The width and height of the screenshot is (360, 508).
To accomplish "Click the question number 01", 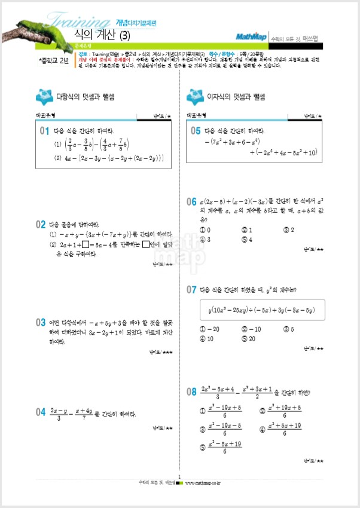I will (x=44, y=130).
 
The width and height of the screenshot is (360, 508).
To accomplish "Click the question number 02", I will (x=41, y=225).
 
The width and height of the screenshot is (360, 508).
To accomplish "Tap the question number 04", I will (x=41, y=412).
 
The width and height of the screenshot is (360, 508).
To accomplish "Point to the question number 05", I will (x=195, y=130).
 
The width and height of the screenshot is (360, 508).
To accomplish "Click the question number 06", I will (x=191, y=201).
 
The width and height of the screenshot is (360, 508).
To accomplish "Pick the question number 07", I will (x=191, y=290).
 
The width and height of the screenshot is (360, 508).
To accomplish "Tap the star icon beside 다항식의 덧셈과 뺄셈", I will (x=45, y=96).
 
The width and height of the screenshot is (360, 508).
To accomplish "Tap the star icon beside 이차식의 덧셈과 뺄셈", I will (x=195, y=96).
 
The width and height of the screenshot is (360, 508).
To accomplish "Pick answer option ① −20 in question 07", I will (x=210, y=329).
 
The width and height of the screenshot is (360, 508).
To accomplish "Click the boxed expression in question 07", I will (x=263, y=310).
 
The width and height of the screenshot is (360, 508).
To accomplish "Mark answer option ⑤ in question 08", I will (x=222, y=447).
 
